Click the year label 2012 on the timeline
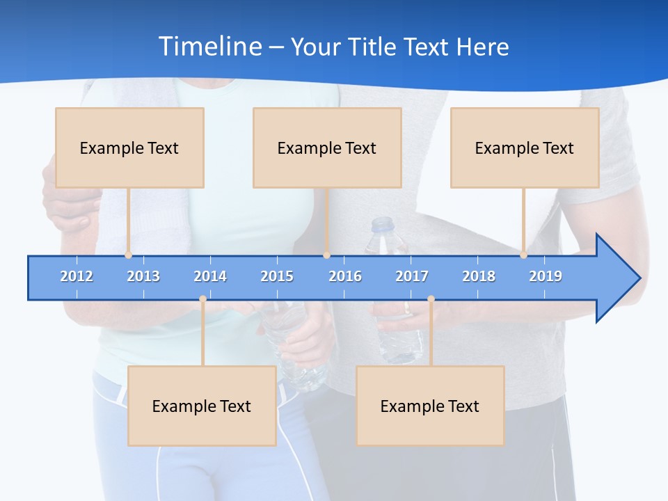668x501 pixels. point(77,276)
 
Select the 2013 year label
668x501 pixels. point(143,276)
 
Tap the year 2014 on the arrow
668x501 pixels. point(210,276)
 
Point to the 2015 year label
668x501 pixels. point(277,276)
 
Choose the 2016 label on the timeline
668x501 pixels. point(345,276)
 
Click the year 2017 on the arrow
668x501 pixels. point(412,276)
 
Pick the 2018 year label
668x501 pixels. point(479,276)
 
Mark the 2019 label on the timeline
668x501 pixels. point(546,276)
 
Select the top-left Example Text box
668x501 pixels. point(129,148)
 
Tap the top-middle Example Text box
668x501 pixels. point(327,148)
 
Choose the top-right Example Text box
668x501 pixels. point(525,148)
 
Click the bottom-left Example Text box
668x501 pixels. point(202,406)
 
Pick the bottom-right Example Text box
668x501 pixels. point(430,406)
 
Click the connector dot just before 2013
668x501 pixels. point(128,255)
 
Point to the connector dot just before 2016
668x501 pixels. point(326,255)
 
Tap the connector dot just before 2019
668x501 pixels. point(523,255)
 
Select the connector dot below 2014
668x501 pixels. point(202,299)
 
